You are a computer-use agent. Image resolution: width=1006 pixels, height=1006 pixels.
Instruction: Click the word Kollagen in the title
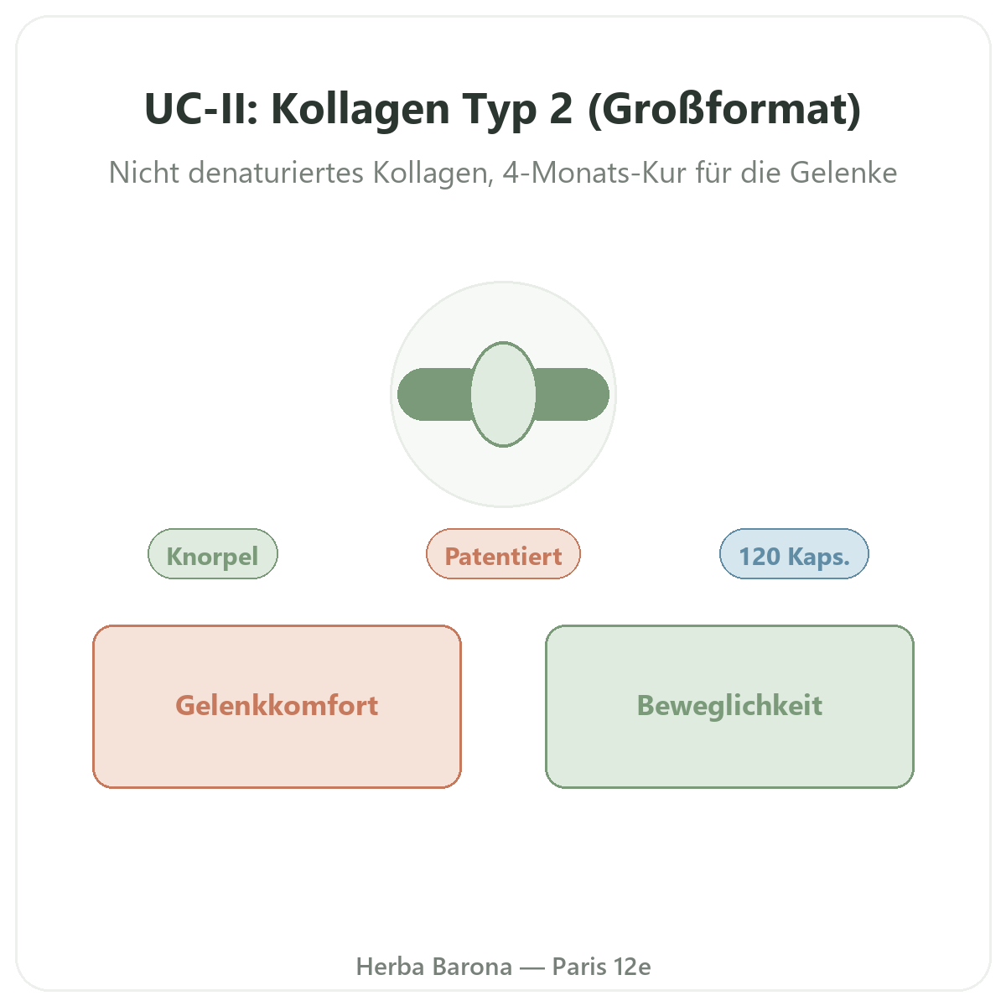[x=360, y=111]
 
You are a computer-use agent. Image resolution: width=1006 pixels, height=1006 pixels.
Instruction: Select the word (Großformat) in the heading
[x=724, y=110]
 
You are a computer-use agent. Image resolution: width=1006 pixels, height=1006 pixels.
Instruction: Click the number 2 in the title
[x=561, y=109]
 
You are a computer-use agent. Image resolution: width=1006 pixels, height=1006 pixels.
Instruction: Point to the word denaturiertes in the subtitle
[x=276, y=173]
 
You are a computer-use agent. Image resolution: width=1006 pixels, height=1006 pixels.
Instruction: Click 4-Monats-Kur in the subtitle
[x=594, y=173]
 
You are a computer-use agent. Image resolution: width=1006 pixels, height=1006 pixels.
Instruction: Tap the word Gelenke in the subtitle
[x=843, y=173]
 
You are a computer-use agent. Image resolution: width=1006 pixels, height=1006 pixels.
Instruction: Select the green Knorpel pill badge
[x=213, y=554]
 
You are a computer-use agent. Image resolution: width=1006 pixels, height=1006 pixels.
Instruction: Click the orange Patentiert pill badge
[x=503, y=554]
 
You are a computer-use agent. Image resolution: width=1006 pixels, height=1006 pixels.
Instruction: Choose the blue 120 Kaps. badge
[x=794, y=554]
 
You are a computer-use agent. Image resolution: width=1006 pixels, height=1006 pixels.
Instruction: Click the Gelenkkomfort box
[x=277, y=707]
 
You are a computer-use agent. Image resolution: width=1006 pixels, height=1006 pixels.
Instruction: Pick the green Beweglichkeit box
[x=729, y=707]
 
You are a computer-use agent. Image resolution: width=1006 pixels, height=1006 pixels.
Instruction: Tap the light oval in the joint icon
[x=503, y=394]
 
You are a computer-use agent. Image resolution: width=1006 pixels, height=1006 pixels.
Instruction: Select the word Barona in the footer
[x=472, y=967]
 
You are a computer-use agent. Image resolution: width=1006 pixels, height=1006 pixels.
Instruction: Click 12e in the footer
[x=632, y=967]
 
